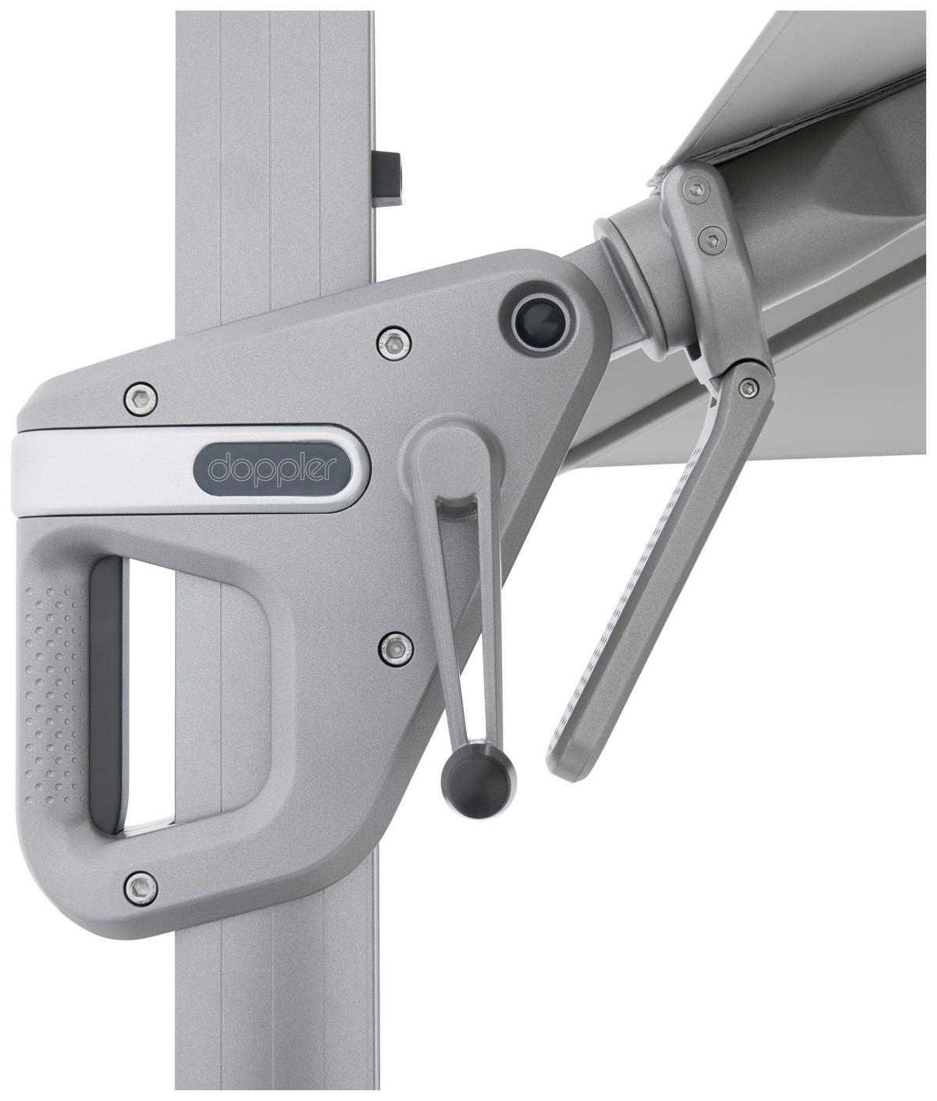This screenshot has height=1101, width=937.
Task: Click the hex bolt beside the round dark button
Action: click(x=394, y=342)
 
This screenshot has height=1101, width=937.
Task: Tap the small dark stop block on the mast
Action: click(x=387, y=178)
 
